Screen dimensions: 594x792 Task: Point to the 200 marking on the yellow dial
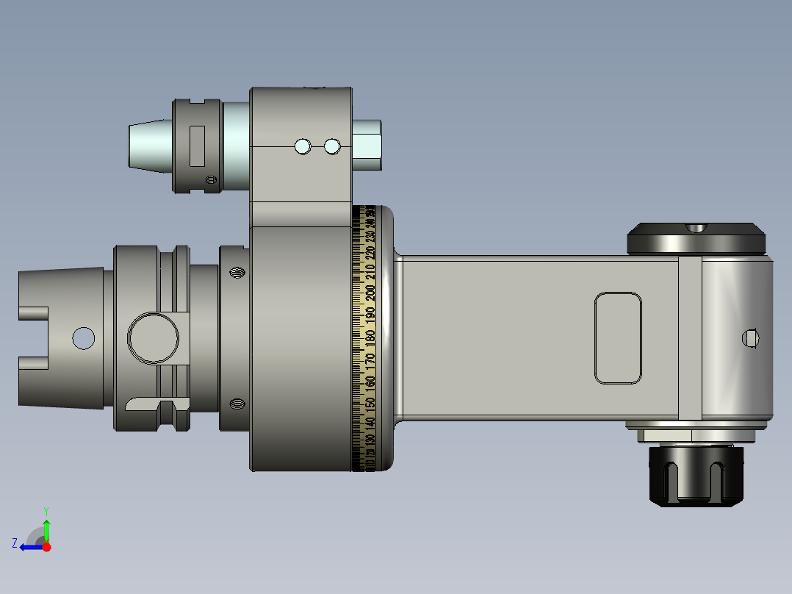click(370, 292)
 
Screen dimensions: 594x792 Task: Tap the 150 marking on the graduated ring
click(370, 404)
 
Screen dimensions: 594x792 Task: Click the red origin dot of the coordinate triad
click(47, 547)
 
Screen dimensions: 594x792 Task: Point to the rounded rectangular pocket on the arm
click(618, 338)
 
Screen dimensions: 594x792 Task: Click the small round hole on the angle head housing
click(749, 338)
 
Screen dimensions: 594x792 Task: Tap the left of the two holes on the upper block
click(302, 147)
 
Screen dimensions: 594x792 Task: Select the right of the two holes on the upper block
click(332, 147)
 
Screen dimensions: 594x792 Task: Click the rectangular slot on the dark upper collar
click(197, 146)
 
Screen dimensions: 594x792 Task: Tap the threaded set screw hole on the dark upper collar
click(211, 179)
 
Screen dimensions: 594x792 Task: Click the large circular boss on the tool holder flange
click(154, 338)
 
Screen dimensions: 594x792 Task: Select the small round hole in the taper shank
click(83, 338)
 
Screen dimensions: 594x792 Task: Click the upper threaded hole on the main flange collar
click(237, 274)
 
